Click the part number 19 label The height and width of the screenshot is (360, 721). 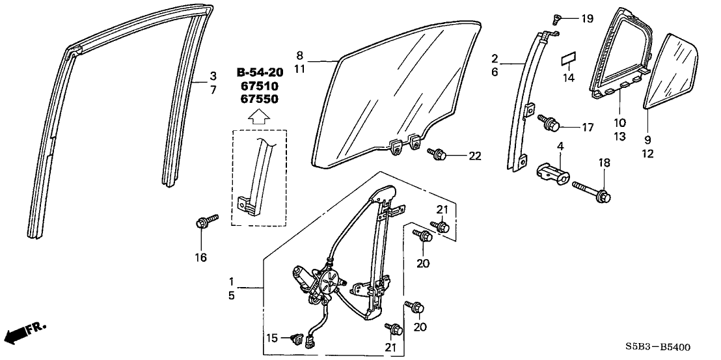587,19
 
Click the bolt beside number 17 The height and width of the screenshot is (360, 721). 549,122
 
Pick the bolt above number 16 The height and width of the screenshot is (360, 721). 202,221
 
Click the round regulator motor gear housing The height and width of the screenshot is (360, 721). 330,284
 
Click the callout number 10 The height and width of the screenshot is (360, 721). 618,122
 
